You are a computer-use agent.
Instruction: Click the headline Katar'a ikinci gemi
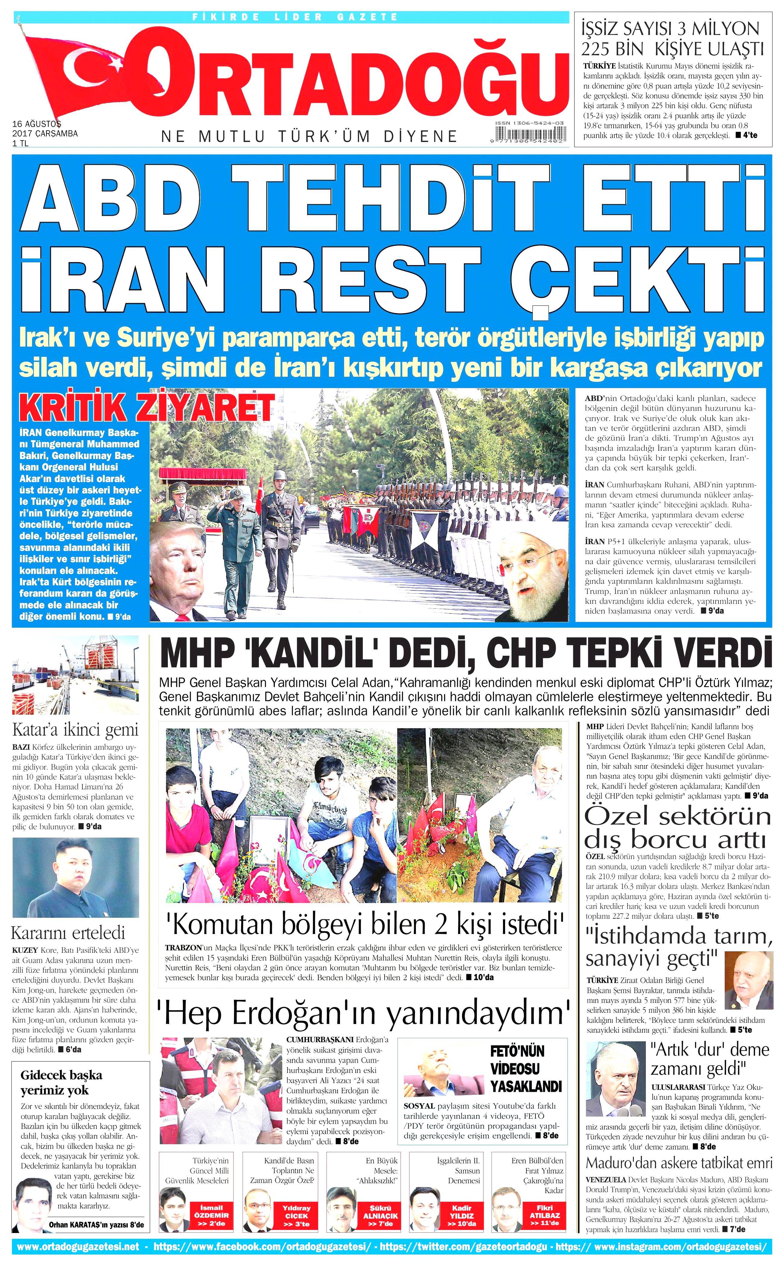pos(76,730)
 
